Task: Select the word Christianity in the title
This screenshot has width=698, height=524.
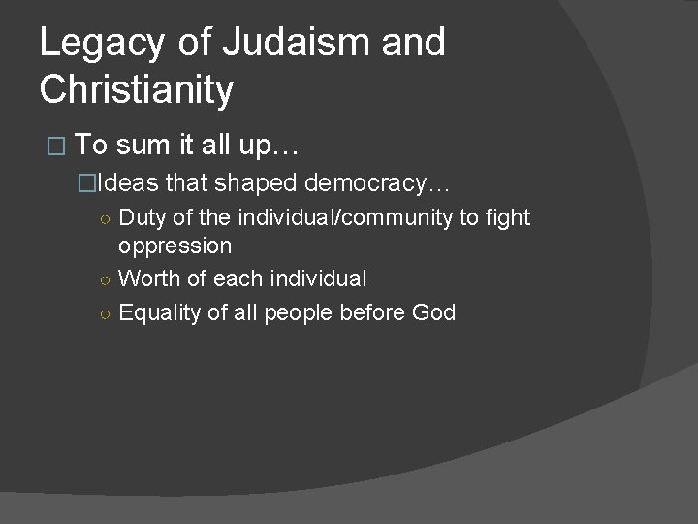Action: coord(137,90)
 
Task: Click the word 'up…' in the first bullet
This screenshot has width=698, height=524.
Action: coord(276,146)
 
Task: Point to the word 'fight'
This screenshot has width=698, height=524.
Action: coord(509,217)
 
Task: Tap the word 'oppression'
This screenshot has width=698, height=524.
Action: coord(174,245)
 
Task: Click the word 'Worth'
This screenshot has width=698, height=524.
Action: coord(145,279)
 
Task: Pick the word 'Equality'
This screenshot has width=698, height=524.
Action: coord(159,312)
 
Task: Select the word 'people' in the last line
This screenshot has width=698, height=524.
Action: coord(309,312)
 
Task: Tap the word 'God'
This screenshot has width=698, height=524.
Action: coord(433,312)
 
